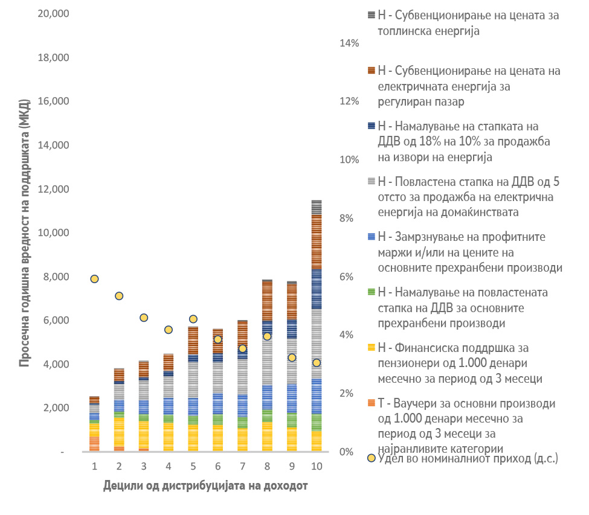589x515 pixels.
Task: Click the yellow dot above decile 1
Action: pyautogui.click(x=94, y=279)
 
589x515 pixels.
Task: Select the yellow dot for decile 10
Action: pyautogui.click(x=316, y=363)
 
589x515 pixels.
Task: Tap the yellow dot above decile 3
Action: pyautogui.click(x=144, y=318)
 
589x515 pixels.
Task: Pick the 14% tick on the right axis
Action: pyautogui.click(x=349, y=43)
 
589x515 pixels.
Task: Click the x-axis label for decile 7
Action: pyautogui.click(x=242, y=467)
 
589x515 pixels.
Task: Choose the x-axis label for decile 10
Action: pyautogui.click(x=316, y=467)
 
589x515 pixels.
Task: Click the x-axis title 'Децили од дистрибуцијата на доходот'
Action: pyautogui.click(x=205, y=485)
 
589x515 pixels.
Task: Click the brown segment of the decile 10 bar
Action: pyautogui.click(x=316, y=242)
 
